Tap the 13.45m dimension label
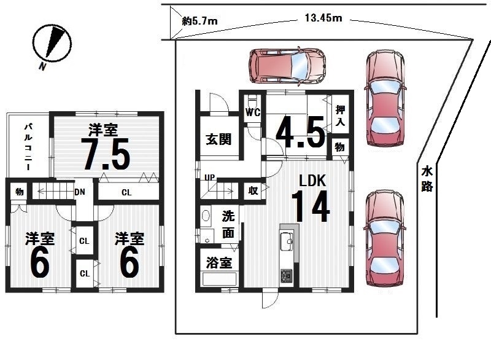pos(323,18)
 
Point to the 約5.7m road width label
pos(199,21)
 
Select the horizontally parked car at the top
pos(287,66)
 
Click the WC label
pos(252,112)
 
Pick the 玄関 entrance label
pos(218,139)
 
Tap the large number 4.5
pos(300,132)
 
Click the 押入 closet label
pos(340,115)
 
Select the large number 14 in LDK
pos(311,206)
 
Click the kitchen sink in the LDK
pos(287,241)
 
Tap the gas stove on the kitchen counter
pos(286,275)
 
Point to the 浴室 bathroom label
pos(219,262)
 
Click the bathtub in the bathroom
pos(219,279)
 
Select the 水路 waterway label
pos(427,179)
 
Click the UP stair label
pos(209,178)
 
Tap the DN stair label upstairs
pos(80,192)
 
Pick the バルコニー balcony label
pos(28,147)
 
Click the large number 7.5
pos(107,154)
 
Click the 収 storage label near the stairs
pos(253,190)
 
